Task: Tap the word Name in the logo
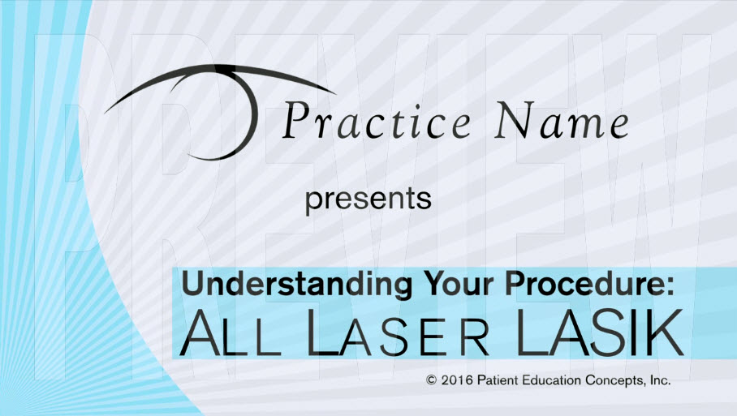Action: coord(562,120)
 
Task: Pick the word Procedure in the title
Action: coord(584,285)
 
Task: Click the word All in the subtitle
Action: coord(231,333)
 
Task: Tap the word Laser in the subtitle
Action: coord(398,333)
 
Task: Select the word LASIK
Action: coord(600,332)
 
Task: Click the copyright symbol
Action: coord(431,380)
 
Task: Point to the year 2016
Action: coord(457,380)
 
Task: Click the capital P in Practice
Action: coord(295,120)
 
